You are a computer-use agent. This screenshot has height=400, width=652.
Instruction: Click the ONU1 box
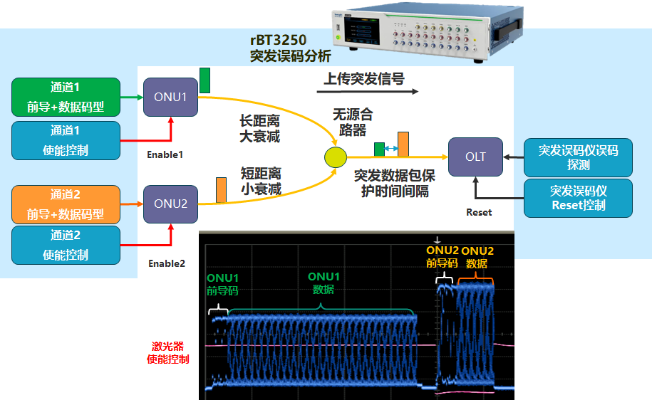[x=170, y=97]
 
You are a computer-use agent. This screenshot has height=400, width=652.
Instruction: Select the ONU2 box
[x=170, y=204]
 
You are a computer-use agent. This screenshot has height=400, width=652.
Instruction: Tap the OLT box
[x=475, y=157]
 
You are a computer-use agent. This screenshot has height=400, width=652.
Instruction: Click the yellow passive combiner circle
[x=335, y=157]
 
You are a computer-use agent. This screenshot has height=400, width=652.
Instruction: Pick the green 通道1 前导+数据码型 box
[x=66, y=98]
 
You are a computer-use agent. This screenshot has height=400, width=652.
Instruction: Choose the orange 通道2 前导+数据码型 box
[x=66, y=204]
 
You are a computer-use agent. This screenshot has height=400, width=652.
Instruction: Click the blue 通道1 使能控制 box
[x=66, y=140]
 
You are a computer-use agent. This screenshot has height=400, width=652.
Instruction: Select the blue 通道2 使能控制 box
[x=66, y=245]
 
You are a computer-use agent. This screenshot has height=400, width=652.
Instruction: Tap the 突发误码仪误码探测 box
[x=578, y=157]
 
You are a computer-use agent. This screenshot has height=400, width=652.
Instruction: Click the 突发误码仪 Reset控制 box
[x=578, y=198]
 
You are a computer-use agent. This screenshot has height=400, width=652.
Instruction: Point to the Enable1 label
[x=165, y=154]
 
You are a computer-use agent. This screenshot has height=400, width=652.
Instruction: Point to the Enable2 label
[x=166, y=263]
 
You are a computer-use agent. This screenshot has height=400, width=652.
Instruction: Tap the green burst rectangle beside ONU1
[x=205, y=80]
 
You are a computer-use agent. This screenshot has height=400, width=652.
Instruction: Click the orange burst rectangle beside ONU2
[x=221, y=191]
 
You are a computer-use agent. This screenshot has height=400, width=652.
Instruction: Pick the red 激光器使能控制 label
[x=168, y=352]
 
